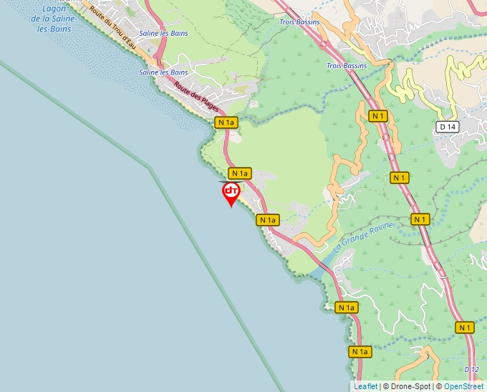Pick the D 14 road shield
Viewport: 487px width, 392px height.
tap(448, 127)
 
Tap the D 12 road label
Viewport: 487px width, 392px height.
tap(471, 369)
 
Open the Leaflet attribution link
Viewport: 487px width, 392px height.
tap(365, 386)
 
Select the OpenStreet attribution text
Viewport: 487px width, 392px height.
tap(464, 386)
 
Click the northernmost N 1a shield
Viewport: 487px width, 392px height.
tap(226, 123)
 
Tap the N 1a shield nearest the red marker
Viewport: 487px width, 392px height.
tap(239, 173)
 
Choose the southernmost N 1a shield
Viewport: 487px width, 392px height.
tap(360, 352)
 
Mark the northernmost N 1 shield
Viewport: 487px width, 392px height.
tap(378, 115)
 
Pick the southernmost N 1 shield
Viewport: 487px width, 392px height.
tap(466, 328)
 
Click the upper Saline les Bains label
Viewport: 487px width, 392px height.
tap(163, 34)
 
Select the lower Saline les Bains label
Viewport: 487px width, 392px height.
tap(163, 72)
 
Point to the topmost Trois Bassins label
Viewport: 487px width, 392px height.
tap(299, 22)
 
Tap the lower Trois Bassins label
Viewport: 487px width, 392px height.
tap(346, 66)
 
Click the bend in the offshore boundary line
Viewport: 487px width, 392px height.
tap(150, 167)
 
